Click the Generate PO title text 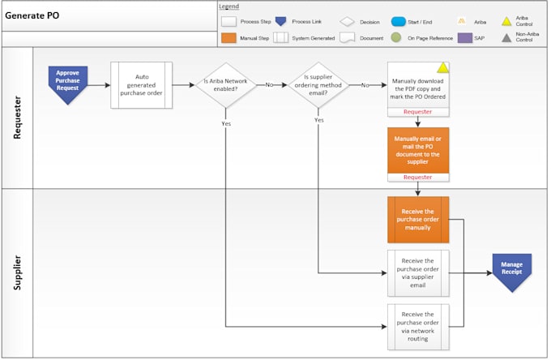coord(32,15)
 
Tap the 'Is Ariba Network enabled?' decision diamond coord(225,84)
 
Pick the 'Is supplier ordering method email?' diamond coord(318,84)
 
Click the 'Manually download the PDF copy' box coord(417,85)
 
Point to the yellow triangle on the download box coord(442,68)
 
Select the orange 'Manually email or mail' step coord(417,151)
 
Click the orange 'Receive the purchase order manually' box coord(417,219)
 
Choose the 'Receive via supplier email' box coord(417,273)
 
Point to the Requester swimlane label coord(17,118)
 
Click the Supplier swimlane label coord(17,273)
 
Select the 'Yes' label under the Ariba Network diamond coord(225,123)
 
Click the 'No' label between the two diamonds coord(269,84)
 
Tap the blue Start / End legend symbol coord(398,21)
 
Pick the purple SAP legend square coord(464,37)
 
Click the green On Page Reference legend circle coord(395,37)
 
